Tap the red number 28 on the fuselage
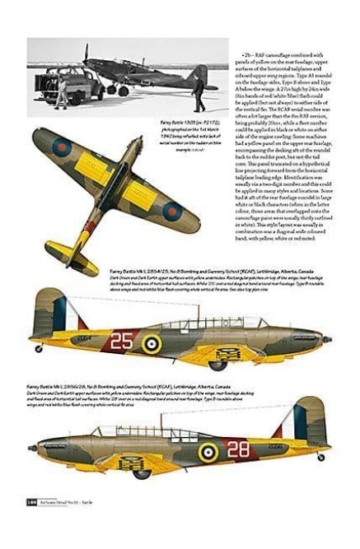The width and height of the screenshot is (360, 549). [238, 449]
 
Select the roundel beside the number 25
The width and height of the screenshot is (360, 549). [152, 342]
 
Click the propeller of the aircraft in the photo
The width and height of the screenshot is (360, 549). [85, 56]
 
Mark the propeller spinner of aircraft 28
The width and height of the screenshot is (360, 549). [33, 448]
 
